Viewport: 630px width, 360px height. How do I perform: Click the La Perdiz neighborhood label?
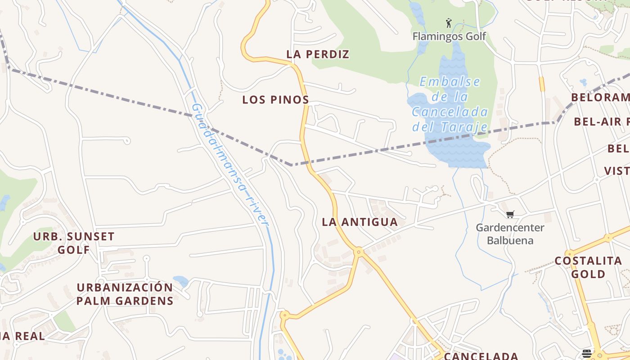(x=318, y=54)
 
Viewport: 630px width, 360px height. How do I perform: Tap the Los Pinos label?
(x=275, y=100)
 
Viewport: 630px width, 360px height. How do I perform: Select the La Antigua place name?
(x=360, y=222)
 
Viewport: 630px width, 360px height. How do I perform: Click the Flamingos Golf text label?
(x=449, y=36)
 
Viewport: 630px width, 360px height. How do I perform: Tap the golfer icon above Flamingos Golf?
(x=448, y=23)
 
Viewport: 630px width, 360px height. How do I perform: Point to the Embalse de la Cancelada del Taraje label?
(x=450, y=104)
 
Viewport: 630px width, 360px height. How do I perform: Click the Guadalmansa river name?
(x=229, y=165)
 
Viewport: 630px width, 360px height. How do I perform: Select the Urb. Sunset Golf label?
(x=74, y=243)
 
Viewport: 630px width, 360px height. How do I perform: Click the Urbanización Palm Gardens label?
(x=125, y=294)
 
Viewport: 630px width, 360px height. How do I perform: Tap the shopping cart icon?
(x=510, y=215)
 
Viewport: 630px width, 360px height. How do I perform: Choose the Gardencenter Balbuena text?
(x=510, y=234)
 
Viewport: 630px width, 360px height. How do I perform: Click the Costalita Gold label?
(x=588, y=267)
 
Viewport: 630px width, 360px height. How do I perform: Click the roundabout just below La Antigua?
(x=359, y=252)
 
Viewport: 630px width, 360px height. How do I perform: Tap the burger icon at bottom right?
(x=586, y=353)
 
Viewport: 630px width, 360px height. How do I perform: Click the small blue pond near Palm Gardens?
(x=181, y=281)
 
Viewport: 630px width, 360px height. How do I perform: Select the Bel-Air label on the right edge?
(x=601, y=121)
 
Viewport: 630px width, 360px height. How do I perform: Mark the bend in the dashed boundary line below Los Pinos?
(x=292, y=165)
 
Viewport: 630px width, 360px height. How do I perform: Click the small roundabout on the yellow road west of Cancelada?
(x=284, y=315)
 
